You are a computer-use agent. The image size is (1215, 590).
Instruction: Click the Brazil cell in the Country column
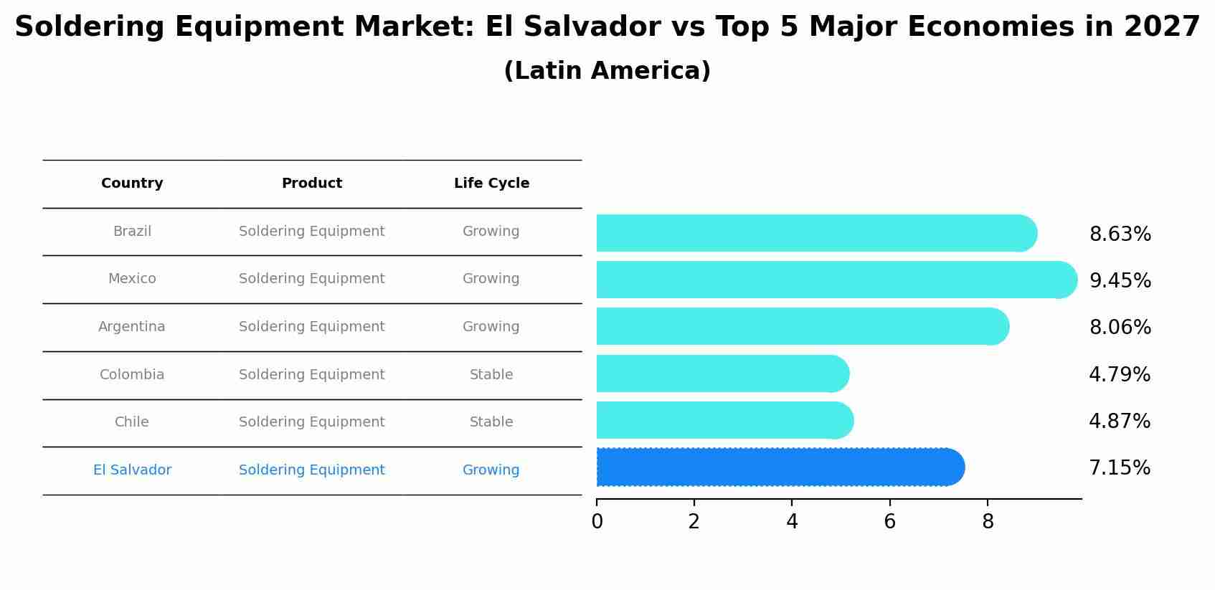click(132, 232)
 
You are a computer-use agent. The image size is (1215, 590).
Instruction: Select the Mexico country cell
click(132, 279)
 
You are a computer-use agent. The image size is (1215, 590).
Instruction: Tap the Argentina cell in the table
click(132, 327)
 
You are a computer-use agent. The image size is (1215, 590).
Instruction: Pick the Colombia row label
click(132, 375)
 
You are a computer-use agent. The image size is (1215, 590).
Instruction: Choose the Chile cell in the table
click(132, 422)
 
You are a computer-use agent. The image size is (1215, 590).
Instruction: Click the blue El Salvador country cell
click(132, 470)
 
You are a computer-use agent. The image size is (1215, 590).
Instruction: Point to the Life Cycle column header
click(491, 184)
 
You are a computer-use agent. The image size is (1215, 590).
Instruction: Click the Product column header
click(311, 184)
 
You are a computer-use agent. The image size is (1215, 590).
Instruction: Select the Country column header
click(132, 184)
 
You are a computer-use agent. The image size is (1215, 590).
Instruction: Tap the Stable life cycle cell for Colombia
click(491, 375)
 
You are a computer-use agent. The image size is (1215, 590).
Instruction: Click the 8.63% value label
click(1120, 234)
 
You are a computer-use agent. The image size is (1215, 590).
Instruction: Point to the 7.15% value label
click(1119, 468)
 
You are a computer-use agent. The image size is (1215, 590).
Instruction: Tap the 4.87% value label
click(1119, 422)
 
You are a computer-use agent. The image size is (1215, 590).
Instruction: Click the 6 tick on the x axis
click(889, 522)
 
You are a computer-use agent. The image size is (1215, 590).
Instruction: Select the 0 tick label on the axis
click(597, 522)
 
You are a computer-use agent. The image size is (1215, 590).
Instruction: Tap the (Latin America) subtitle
click(607, 71)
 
